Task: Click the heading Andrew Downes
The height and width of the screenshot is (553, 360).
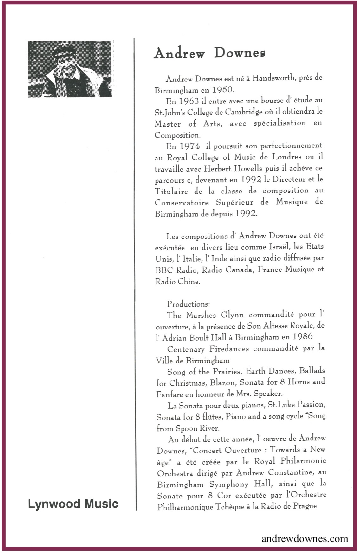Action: click(209, 53)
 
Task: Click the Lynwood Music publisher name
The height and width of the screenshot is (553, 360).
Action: click(73, 504)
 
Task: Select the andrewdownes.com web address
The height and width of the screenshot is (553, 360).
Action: click(305, 538)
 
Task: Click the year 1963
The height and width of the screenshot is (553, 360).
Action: click(189, 101)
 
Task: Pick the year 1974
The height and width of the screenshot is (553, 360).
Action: click(190, 146)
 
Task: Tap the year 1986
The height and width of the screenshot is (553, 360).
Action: click(302, 337)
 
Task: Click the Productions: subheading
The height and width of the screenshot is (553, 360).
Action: click(188, 304)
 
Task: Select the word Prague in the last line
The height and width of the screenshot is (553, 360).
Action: click(305, 506)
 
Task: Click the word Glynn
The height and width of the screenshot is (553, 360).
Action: click(232, 315)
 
